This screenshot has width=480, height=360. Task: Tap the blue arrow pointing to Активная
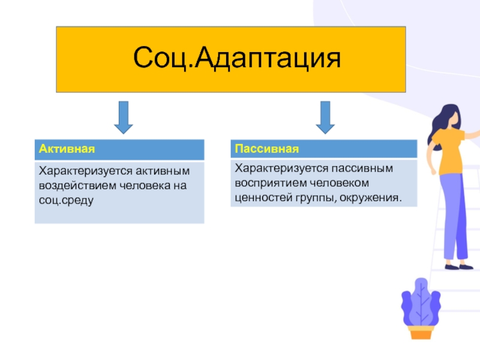tap(123, 116)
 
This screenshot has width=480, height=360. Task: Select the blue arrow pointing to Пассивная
tap(325, 116)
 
